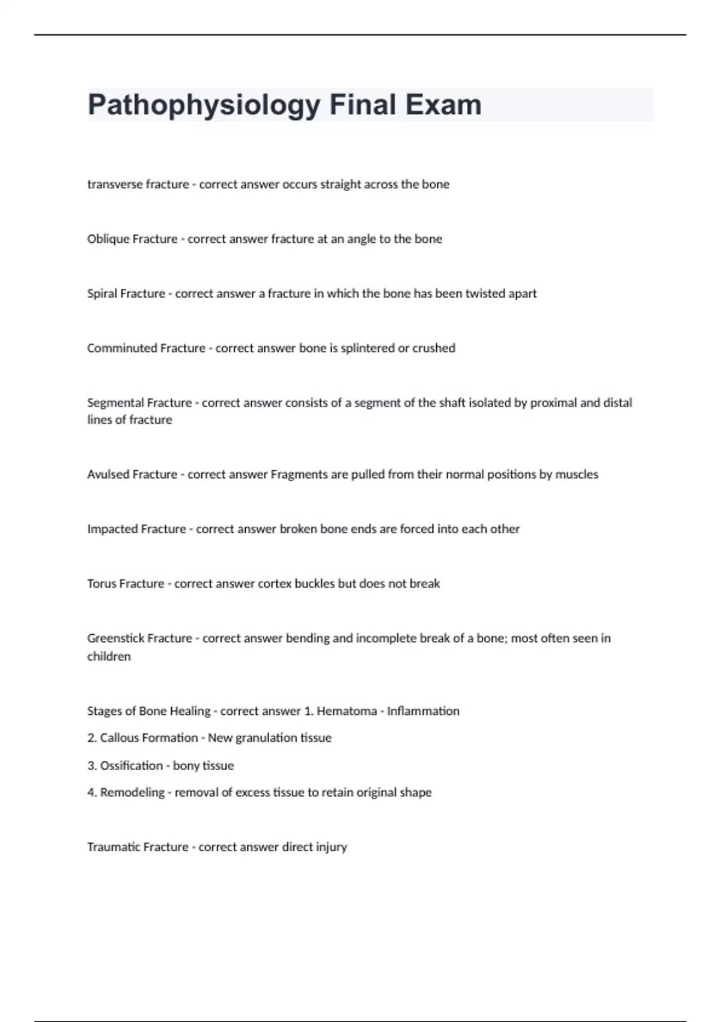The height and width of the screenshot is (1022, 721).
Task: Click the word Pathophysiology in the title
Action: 204,105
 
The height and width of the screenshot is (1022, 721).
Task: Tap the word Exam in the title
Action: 443,105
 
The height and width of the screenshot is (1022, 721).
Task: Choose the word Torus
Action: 102,584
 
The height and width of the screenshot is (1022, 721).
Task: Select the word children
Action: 109,656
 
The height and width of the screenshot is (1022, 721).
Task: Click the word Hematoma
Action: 347,711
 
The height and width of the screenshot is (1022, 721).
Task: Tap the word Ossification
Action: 132,766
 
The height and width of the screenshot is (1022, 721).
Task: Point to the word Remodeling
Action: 132,792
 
